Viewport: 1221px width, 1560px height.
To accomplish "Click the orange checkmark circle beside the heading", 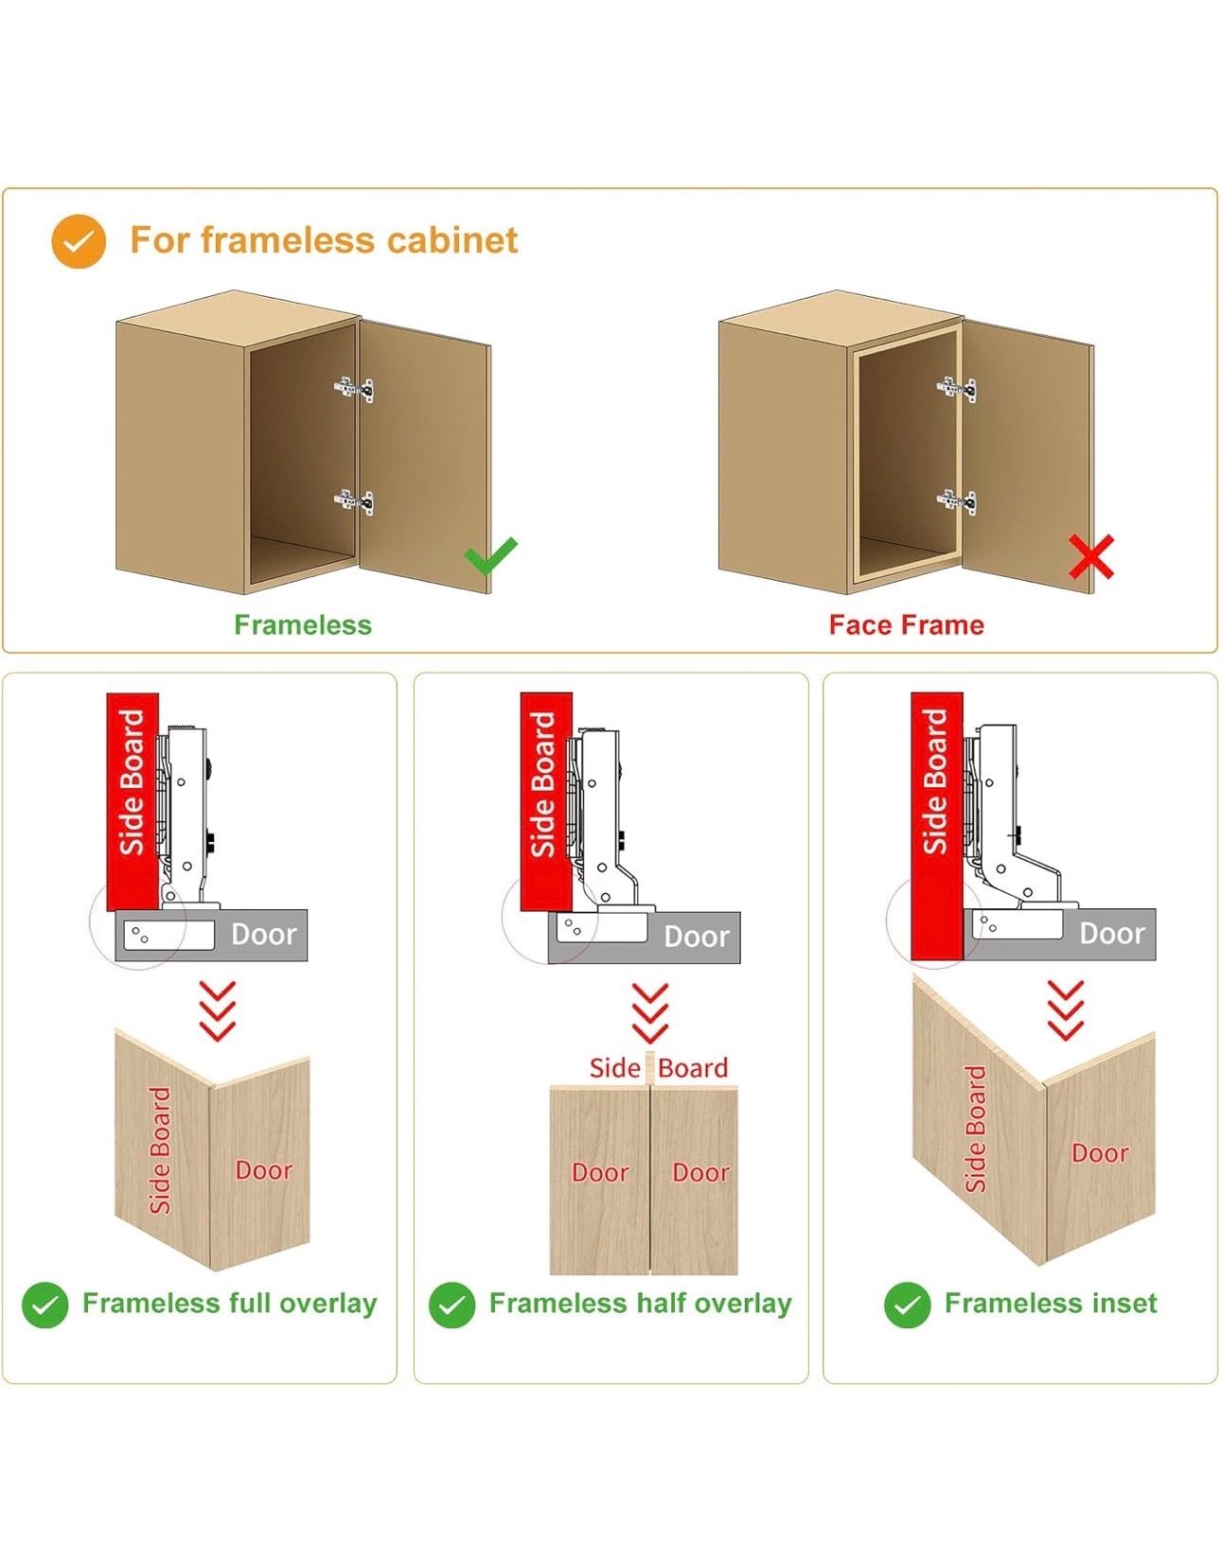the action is (x=79, y=241).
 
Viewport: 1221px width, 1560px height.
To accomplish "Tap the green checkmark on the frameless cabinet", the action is (x=490, y=555).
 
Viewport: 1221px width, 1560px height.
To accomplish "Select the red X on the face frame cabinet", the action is (x=1091, y=556).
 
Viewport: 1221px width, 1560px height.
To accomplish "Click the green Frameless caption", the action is (x=303, y=624).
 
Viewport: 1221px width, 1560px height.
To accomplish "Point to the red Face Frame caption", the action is (x=907, y=624).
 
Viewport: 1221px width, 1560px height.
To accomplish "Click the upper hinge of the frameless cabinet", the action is (x=354, y=389).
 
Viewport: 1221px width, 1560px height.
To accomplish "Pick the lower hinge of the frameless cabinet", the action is (x=354, y=501).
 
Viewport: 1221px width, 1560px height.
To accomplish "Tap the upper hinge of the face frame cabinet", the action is (x=957, y=389).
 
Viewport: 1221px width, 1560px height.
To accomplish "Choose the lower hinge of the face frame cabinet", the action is (x=957, y=501).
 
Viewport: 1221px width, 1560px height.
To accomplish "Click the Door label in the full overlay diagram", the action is (x=263, y=935).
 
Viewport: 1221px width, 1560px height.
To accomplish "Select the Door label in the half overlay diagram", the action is (x=696, y=937).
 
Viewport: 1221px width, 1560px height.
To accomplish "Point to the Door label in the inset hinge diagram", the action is (x=1112, y=934).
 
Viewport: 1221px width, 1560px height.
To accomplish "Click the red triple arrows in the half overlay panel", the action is (x=650, y=1013).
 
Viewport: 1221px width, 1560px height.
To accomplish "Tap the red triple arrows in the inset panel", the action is (x=1065, y=1010).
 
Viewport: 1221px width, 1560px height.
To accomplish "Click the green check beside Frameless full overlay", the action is (x=45, y=1305).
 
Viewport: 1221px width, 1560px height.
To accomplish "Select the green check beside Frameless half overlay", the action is (x=451, y=1305).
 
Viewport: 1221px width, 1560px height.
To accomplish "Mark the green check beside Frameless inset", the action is (x=908, y=1305).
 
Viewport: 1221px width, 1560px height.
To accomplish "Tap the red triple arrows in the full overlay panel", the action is (x=218, y=1010).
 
